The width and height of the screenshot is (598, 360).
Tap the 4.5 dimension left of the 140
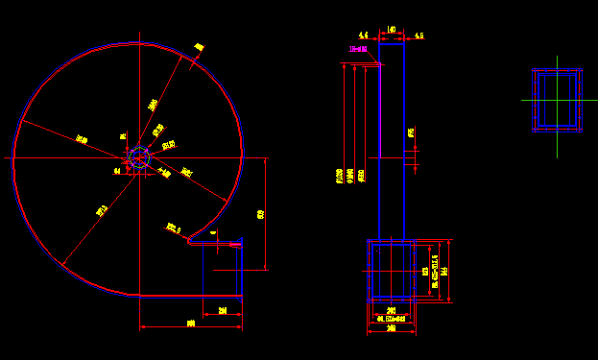(x=364, y=35)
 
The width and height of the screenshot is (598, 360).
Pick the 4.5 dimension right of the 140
(x=419, y=36)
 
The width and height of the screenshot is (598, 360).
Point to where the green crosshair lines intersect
(x=557, y=99)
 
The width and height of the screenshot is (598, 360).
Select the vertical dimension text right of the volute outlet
(x=261, y=214)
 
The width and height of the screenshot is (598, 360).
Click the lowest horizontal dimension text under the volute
(x=190, y=324)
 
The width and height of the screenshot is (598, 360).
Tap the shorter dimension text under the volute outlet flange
(x=223, y=310)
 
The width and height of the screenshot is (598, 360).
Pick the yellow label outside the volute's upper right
(x=200, y=47)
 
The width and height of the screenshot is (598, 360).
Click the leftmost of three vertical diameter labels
(x=340, y=177)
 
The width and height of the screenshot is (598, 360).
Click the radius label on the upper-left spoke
(x=82, y=140)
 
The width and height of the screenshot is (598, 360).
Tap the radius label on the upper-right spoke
(x=153, y=105)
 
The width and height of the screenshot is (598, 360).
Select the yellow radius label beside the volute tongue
(x=174, y=228)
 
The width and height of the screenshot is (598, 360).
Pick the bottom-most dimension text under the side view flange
(x=391, y=329)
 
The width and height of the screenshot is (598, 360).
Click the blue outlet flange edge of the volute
(x=240, y=270)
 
